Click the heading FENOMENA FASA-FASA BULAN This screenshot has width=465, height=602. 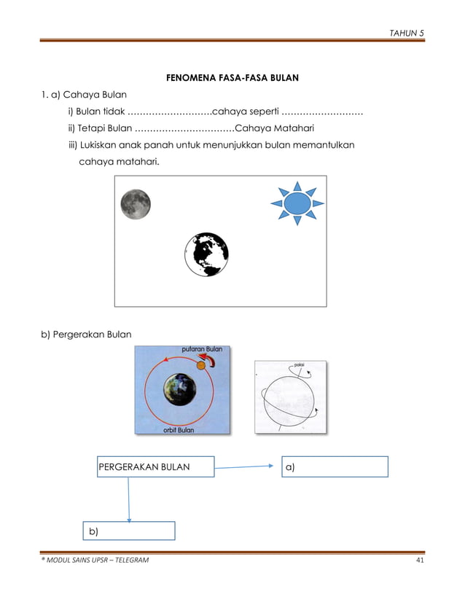pos(233,77)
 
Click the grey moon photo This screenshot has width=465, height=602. pos(136,204)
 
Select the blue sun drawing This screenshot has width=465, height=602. pos(297,203)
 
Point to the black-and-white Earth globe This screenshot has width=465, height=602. pos(206,254)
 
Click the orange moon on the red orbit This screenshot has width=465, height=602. pos(201,364)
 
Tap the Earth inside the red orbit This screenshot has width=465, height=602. pos(179,390)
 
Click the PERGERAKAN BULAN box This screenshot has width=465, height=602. pos(155,467)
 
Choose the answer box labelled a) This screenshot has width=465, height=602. pos(335,467)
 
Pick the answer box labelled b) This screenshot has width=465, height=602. pos(128,531)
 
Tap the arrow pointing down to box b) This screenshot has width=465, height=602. pos(129,499)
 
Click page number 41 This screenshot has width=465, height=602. pos(419,560)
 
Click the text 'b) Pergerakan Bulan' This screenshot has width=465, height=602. pos(85,335)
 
